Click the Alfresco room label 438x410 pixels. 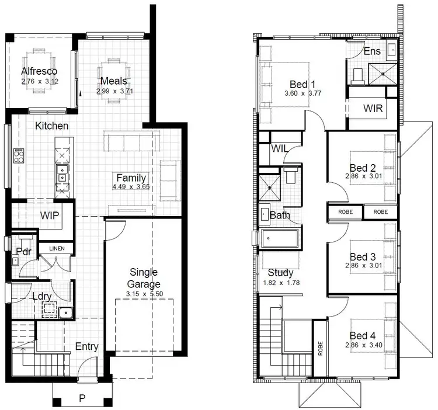40,71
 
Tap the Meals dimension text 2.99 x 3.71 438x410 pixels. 114,91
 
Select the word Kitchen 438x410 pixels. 51,126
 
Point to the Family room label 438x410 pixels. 131,178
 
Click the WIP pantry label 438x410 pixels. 51,215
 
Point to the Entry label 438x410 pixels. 86,346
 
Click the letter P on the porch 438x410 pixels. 82,399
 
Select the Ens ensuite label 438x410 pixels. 372,51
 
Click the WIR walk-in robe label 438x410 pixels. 373,108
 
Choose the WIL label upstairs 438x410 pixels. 280,148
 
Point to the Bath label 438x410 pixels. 280,216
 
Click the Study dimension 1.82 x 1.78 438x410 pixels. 280,283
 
